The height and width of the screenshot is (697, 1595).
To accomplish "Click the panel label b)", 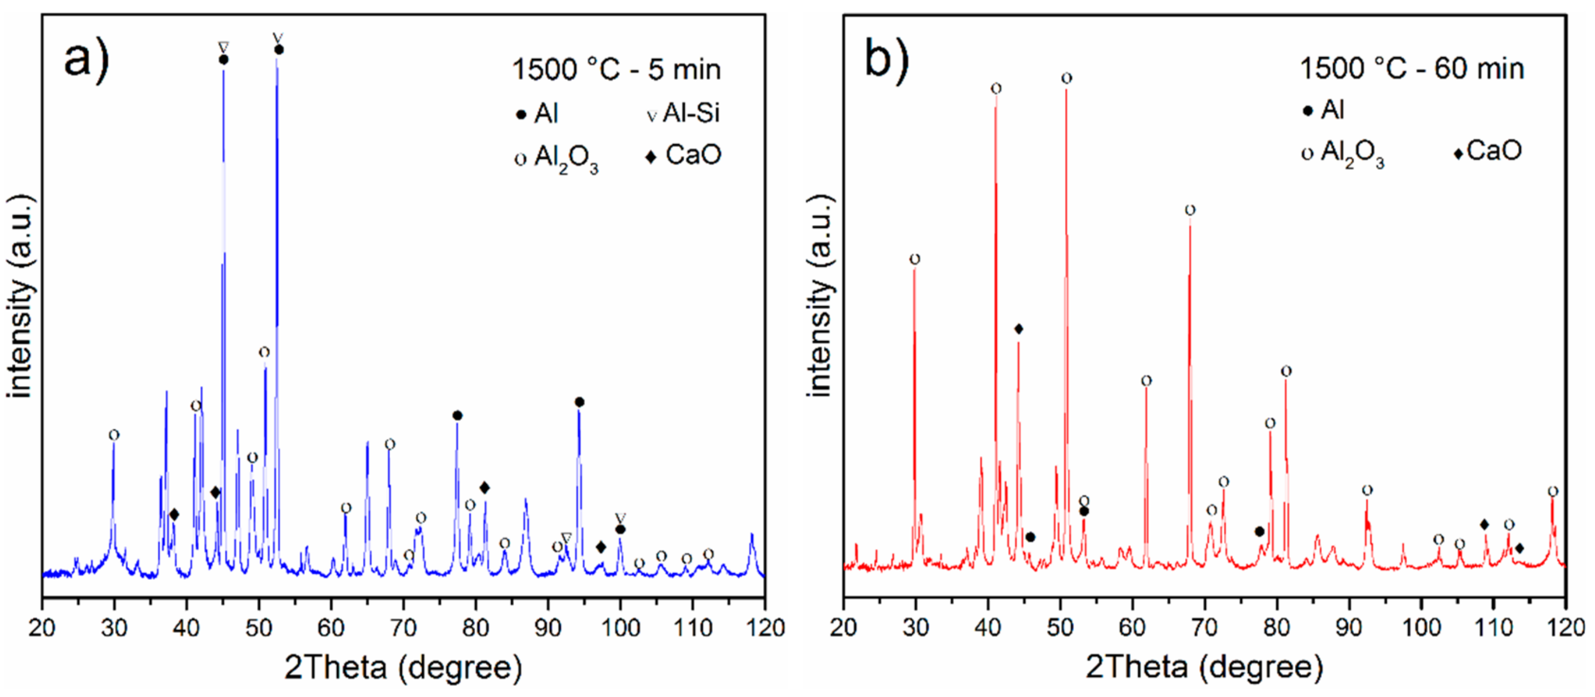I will pos(886,59).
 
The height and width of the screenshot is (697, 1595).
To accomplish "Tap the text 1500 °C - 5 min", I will pos(616,70).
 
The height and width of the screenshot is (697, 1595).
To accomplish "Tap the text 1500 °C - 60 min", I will pos(1412,68).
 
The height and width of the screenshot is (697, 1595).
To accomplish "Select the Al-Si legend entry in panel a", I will pos(684,113).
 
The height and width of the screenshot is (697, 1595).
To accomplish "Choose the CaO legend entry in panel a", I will pos(684,155).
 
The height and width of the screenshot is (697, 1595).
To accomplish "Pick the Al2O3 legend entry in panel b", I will pos(1344,152).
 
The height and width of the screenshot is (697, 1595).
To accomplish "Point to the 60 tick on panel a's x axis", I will pos(331,627).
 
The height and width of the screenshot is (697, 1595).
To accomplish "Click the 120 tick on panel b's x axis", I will pos(1565,627).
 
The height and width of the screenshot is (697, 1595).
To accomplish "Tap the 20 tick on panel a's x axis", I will pos(42,627).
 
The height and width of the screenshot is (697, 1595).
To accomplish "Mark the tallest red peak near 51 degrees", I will pos(1066,93).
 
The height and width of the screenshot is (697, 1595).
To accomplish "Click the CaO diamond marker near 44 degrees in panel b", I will pos(1018,329).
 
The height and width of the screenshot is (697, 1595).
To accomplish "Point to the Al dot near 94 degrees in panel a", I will pos(579,402).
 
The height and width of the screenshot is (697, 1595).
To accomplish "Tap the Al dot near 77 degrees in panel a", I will pos(457,415).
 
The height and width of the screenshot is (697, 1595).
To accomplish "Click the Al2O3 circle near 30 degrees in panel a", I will pos(114,435).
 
